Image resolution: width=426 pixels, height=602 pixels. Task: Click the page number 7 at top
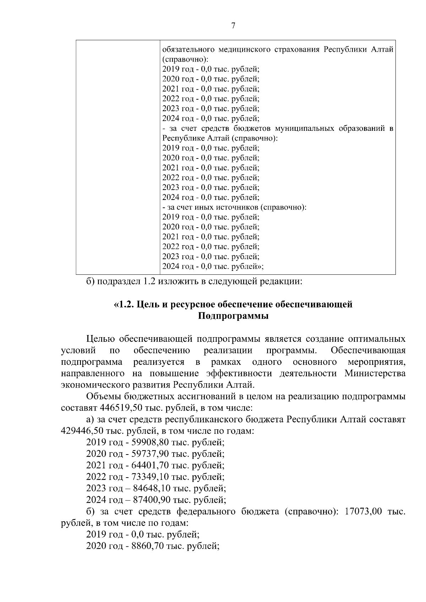tap(233, 26)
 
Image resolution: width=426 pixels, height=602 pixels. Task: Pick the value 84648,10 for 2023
tap(150, 488)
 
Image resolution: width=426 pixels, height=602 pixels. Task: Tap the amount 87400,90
tap(150, 500)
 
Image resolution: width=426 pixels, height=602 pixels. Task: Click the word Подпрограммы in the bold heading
tap(233, 316)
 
